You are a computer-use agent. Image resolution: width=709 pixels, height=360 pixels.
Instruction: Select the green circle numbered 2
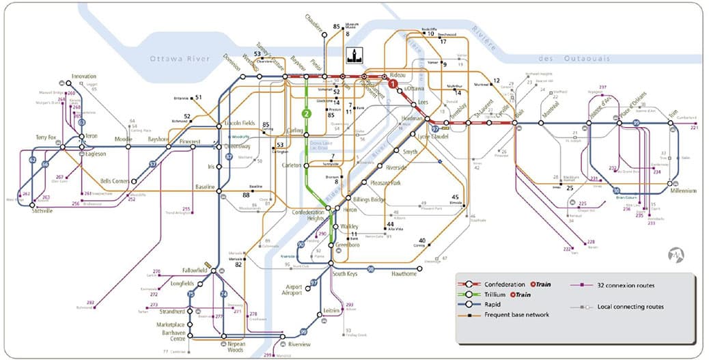(307, 113)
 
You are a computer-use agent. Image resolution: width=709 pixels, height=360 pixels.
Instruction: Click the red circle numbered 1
(393, 85)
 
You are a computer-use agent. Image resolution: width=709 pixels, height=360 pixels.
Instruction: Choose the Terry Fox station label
(48, 138)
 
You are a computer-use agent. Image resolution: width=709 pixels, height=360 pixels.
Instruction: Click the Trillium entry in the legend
(497, 294)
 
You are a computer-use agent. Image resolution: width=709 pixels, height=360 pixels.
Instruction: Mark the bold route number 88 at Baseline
(245, 195)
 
